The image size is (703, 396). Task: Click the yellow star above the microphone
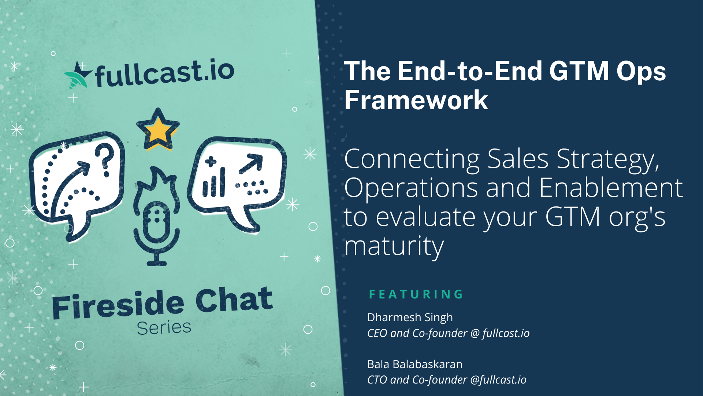(x=158, y=129)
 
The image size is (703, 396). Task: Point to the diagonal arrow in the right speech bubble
(x=251, y=164)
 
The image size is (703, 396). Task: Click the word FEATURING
(x=416, y=294)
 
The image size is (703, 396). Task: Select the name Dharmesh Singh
(x=410, y=317)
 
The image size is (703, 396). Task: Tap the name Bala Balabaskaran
(x=414, y=364)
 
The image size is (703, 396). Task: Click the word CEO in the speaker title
(x=377, y=333)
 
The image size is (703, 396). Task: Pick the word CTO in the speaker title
(x=377, y=379)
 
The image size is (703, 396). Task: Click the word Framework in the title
(x=416, y=100)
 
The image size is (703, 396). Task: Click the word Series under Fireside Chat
(x=164, y=327)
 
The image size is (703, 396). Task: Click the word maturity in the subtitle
(x=394, y=246)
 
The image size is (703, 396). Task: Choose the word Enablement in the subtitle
(x=611, y=188)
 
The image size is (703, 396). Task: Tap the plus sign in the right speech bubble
(x=211, y=162)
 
